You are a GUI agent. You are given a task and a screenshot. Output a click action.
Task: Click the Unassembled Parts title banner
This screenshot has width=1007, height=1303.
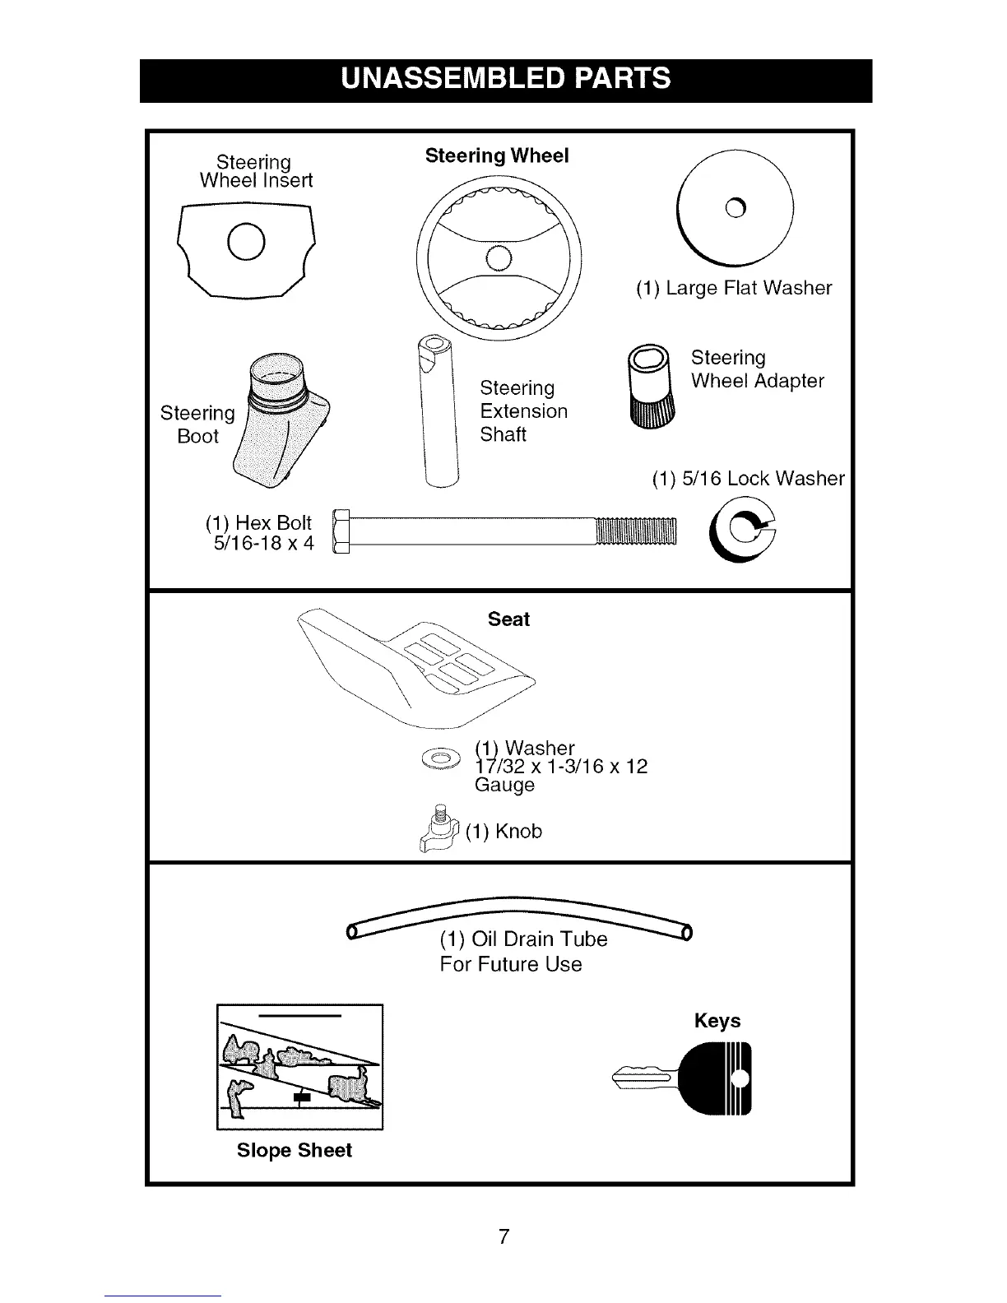505,80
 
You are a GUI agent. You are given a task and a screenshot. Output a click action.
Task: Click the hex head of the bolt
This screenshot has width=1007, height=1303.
341,533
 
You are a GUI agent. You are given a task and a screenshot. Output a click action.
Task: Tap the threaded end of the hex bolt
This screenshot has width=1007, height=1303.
634,533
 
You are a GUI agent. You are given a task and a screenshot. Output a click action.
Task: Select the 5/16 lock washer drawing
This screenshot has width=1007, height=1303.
742,533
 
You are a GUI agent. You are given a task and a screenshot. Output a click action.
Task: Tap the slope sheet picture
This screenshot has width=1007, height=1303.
300,1068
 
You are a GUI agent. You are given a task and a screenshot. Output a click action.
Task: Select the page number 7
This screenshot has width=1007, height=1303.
504,1236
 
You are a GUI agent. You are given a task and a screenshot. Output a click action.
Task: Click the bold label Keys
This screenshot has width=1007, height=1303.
717,1021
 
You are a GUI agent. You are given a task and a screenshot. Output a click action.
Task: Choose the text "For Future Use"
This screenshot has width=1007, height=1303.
511,964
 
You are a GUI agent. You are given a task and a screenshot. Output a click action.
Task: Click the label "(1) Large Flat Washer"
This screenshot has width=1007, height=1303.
733,288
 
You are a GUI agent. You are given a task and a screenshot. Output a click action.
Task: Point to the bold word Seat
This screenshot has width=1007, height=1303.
508,619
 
